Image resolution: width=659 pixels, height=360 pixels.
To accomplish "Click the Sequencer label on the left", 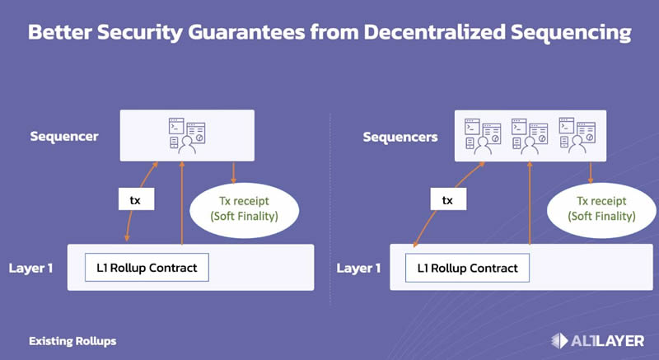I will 64,136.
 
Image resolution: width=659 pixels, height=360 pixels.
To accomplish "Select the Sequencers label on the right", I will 400,137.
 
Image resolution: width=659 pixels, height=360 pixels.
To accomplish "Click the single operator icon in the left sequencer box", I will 187,137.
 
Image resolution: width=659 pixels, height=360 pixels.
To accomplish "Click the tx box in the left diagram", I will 135,200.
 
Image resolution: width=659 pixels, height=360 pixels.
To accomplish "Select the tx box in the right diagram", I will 447,200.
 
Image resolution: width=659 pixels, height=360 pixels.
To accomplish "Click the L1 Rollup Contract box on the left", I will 147,268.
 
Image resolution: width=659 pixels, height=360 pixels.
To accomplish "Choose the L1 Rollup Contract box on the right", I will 467,268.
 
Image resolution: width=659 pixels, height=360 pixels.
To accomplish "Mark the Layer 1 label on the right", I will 359,268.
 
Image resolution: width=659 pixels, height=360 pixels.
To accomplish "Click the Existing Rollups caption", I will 72,340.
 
